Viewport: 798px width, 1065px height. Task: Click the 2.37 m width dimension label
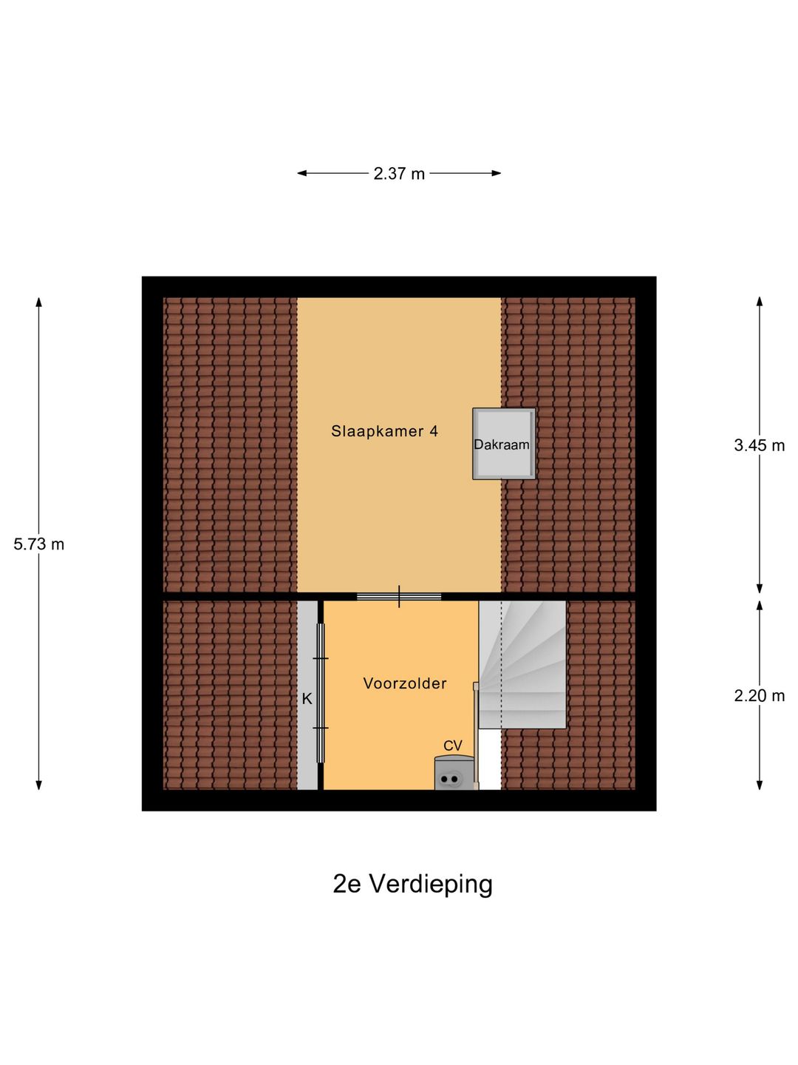399,174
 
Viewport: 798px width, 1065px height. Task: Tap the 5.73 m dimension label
39,544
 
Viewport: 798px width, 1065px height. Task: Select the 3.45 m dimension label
759,445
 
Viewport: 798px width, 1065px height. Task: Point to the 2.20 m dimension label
759,695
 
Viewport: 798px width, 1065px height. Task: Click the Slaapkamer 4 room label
384,431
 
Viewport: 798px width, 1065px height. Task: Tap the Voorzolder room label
405,683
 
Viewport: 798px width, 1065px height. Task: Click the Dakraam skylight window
504,444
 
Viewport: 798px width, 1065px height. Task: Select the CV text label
453,745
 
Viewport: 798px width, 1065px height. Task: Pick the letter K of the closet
307,698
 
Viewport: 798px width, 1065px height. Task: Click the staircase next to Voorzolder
522,664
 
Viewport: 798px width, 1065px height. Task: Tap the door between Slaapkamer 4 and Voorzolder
399,596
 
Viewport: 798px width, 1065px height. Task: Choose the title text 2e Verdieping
412,884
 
